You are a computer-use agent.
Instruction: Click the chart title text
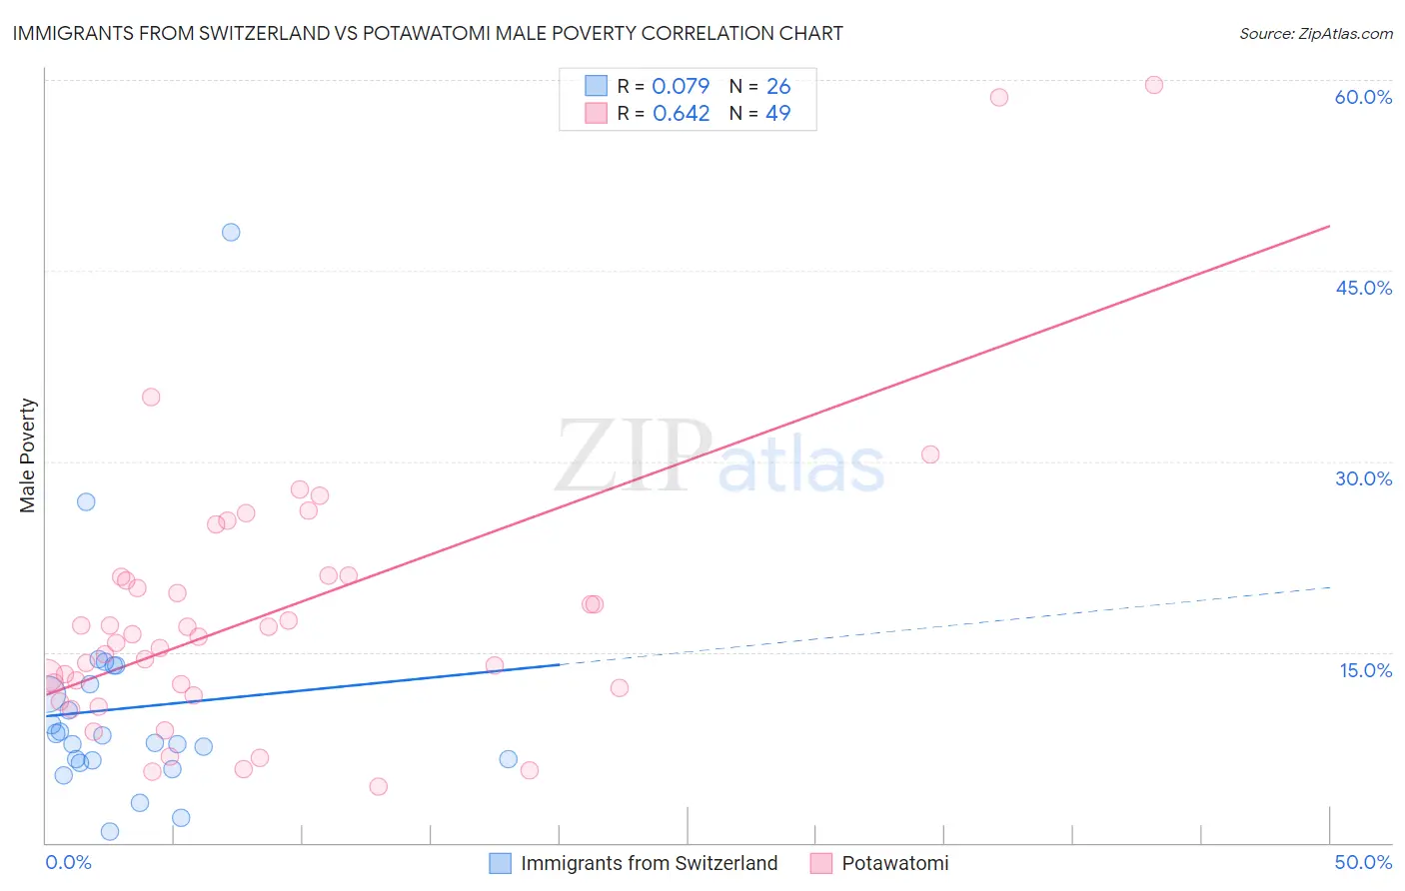click(x=428, y=33)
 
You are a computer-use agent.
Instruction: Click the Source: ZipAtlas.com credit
click(x=1315, y=33)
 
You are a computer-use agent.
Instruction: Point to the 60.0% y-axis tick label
click(x=1363, y=97)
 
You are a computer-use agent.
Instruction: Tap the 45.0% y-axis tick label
click(x=1363, y=288)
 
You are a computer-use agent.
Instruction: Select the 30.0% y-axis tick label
click(x=1363, y=478)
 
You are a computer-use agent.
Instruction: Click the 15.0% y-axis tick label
click(x=1365, y=670)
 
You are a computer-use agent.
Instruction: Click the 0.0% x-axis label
click(x=68, y=862)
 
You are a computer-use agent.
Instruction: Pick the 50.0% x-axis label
click(x=1363, y=862)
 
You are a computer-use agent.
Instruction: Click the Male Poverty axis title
click(x=28, y=455)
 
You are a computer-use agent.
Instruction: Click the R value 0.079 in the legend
click(x=681, y=86)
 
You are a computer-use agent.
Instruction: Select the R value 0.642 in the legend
click(x=681, y=113)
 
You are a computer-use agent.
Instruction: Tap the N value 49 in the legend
click(x=777, y=113)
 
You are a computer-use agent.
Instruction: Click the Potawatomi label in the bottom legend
click(x=894, y=863)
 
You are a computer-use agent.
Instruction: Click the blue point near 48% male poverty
click(x=231, y=232)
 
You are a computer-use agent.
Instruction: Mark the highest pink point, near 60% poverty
click(x=1154, y=85)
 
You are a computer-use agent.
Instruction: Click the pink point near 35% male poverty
click(x=151, y=397)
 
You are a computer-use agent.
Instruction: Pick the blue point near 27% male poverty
click(x=86, y=501)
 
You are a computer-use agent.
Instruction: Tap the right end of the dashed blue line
click(x=1330, y=587)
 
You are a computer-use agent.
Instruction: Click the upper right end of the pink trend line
click(x=1329, y=227)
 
